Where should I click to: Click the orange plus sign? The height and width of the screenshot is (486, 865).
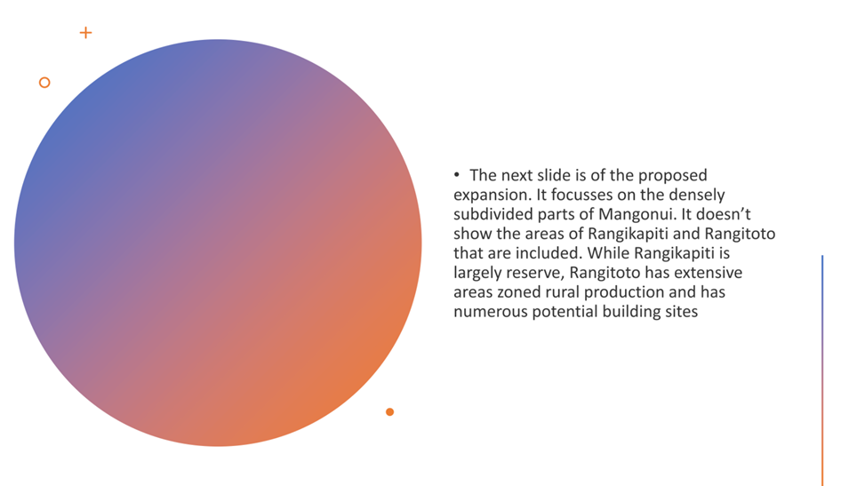click(85, 33)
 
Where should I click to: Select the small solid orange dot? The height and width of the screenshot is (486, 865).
click(389, 412)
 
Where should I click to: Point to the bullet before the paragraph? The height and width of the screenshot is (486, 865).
click(457, 175)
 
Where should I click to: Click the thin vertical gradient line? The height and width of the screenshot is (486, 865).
click(822, 370)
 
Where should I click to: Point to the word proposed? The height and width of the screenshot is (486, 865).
click(672, 176)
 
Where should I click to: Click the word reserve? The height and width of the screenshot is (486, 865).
click(534, 273)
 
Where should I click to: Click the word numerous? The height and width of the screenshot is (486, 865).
click(491, 312)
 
